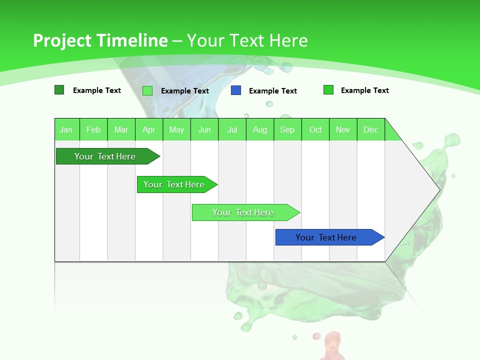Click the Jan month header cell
pos(66,129)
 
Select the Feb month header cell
pos(93,129)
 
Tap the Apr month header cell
pos(149,129)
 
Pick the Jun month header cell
pos(204,129)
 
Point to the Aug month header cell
pos(260,129)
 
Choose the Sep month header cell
pos(287,129)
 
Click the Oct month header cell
pos(315,129)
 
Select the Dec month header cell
pos(371,129)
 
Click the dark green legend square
pos(59,90)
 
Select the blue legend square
pos(236,90)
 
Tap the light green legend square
pos(147,90)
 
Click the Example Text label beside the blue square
pos(272,91)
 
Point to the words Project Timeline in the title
pos(100,40)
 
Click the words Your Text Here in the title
pos(247,40)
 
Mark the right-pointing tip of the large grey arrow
pos(439,189)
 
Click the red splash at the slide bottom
pos(332,345)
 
